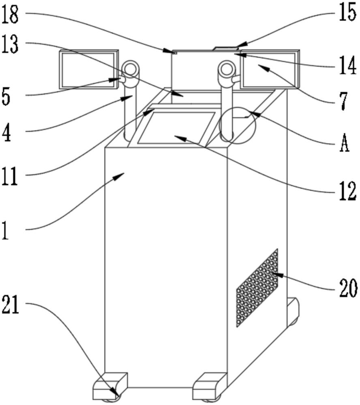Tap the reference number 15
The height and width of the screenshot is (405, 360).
[348, 13]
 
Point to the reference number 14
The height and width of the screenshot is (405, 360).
[348, 66]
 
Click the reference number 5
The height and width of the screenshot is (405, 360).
[6, 97]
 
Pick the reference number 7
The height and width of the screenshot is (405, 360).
[343, 101]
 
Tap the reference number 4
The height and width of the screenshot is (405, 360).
[6, 133]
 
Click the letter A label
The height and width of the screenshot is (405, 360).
[344, 144]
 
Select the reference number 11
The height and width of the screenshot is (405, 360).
[10, 176]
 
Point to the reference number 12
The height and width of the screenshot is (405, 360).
[348, 191]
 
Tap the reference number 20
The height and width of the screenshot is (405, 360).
[348, 288]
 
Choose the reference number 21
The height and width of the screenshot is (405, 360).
[11, 305]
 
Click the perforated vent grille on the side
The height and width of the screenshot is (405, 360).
[257, 288]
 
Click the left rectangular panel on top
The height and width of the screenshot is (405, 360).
[89, 70]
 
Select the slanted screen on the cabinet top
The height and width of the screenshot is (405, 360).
[177, 127]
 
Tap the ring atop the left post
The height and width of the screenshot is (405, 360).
[131, 67]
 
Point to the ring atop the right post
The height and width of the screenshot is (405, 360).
[226, 67]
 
